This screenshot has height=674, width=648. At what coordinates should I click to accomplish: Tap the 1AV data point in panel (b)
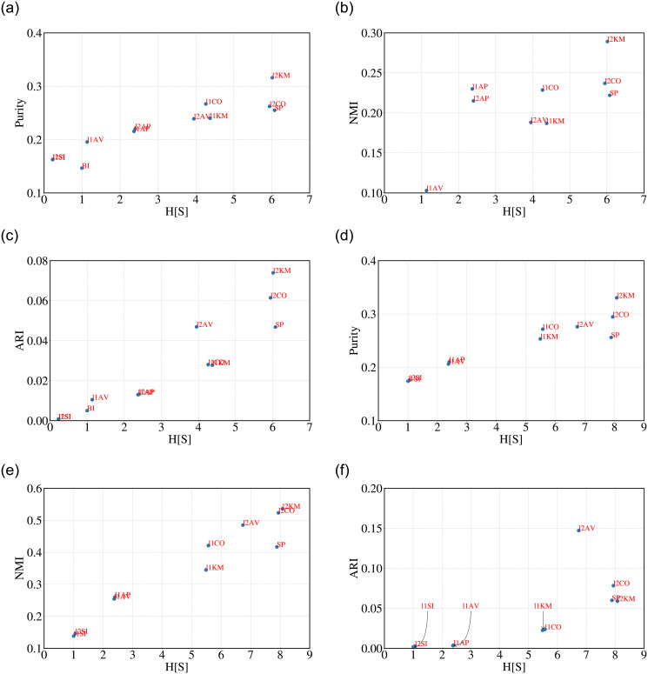pyautogui.click(x=426, y=190)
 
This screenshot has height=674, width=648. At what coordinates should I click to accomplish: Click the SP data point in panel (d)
pyautogui.click(x=611, y=337)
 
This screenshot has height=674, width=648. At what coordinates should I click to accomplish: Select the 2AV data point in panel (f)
pyautogui.click(x=578, y=530)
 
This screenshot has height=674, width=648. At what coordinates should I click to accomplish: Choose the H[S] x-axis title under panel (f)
pyautogui.click(x=513, y=667)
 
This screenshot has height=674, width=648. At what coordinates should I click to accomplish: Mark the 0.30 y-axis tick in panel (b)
pyautogui.click(x=367, y=33)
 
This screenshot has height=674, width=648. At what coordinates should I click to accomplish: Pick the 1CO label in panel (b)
pyautogui.click(x=551, y=88)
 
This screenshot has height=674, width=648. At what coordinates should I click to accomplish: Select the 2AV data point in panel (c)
pyautogui.click(x=197, y=326)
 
